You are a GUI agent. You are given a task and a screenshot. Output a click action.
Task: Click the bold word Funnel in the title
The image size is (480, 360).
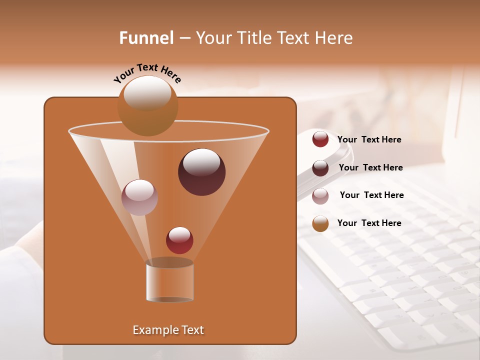click(146, 38)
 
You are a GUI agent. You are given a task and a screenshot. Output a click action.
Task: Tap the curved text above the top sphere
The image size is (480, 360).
click(147, 74)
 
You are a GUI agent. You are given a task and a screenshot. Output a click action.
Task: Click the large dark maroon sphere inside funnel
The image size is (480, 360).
click(201, 172)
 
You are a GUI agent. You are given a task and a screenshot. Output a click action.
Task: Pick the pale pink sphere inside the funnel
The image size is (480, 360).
click(139, 197)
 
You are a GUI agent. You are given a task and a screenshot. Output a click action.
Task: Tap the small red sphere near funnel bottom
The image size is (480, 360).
click(179, 240)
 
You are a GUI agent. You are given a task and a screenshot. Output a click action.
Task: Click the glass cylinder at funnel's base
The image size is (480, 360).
click(169, 282)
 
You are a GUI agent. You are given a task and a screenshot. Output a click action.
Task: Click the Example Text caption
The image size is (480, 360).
click(168, 330)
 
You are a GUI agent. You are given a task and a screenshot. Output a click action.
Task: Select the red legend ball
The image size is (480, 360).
click(320, 139)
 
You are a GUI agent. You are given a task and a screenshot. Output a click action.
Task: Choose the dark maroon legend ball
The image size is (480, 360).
click(320, 167)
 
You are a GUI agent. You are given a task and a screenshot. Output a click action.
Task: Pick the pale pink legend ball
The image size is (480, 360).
click(320, 195)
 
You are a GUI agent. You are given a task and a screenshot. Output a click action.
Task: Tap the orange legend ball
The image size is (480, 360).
click(320, 223)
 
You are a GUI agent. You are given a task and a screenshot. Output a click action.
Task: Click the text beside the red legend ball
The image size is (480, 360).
click(369, 139)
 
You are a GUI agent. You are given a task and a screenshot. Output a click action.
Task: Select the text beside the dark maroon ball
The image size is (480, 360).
click(370, 167)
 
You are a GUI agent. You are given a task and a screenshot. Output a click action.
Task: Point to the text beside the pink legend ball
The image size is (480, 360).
click(371, 195)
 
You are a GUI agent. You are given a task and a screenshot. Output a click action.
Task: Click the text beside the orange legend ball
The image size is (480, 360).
click(369, 223)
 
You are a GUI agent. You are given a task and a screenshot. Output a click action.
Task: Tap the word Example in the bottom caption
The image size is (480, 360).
click(154, 330)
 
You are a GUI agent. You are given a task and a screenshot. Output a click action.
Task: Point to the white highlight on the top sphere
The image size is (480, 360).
click(147, 92)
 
